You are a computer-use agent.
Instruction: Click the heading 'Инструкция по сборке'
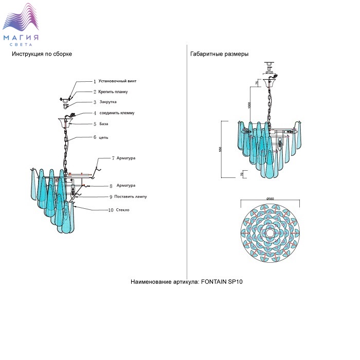(x=42, y=54)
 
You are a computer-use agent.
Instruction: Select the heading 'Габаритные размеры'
(x=220, y=54)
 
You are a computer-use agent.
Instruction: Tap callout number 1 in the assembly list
(x=95, y=81)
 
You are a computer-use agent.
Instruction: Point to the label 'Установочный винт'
(x=118, y=81)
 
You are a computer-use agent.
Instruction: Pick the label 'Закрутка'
(x=108, y=102)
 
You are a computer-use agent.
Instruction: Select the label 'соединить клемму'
(x=117, y=113)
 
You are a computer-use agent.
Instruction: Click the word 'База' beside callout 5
(x=104, y=124)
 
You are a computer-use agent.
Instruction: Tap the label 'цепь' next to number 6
(x=103, y=137)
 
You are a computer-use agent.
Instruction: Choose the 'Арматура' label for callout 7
(x=126, y=158)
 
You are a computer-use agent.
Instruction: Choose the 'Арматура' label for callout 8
(x=126, y=185)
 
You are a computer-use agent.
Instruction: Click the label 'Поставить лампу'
(x=131, y=196)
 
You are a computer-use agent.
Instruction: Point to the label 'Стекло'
(x=123, y=210)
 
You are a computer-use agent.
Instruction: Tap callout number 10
(x=111, y=210)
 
